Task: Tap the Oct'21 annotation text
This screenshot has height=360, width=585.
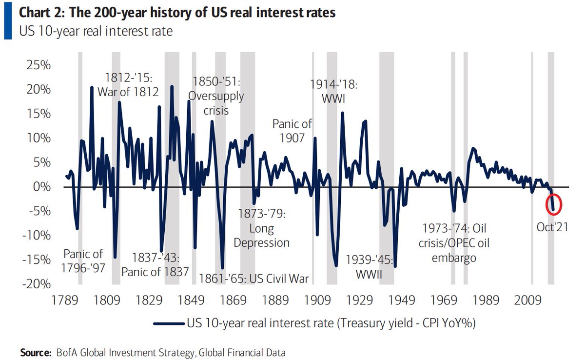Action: point(552,227)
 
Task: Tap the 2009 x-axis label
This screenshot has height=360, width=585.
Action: point(529,300)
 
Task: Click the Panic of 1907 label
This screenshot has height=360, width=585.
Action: point(292,131)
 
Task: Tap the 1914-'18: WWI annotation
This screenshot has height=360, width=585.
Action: point(334,91)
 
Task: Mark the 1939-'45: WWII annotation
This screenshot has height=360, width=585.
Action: point(368,267)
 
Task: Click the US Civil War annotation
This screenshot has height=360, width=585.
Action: point(255,279)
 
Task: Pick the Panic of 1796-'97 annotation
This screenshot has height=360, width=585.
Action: point(83,261)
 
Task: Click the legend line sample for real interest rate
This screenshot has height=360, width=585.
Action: point(168,322)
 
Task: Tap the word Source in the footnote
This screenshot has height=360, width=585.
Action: point(35,352)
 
